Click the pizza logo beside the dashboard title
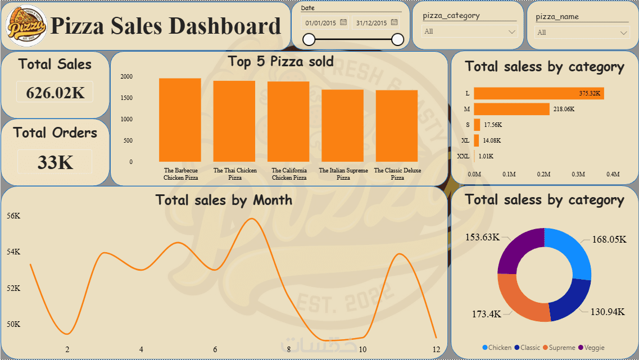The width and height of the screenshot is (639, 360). pos(26,26)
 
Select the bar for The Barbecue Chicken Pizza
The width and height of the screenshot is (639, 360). pos(180,120)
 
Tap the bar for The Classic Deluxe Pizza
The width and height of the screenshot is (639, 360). pos(397,126)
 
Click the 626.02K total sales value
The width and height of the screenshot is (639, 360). pos(55,93)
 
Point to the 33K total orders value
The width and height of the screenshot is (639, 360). pos(55,162)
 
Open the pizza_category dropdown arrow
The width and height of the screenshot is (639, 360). pos(511,32)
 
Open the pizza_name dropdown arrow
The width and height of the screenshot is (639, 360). pos(624,33)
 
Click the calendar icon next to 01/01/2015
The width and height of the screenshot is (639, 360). pos(343,22)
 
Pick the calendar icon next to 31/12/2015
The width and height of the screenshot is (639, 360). pos(394,22)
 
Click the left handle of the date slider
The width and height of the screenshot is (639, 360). pos(309,39)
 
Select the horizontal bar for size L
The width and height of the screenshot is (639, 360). pos(538,93)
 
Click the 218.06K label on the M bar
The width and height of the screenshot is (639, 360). pos(564,109)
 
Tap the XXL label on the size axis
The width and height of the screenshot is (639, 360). pos(463,157)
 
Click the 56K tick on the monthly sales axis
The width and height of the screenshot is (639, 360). pos(13,216)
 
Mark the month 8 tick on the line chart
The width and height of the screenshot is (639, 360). pos(289,349)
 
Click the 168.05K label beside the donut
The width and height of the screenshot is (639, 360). pos(609,239)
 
